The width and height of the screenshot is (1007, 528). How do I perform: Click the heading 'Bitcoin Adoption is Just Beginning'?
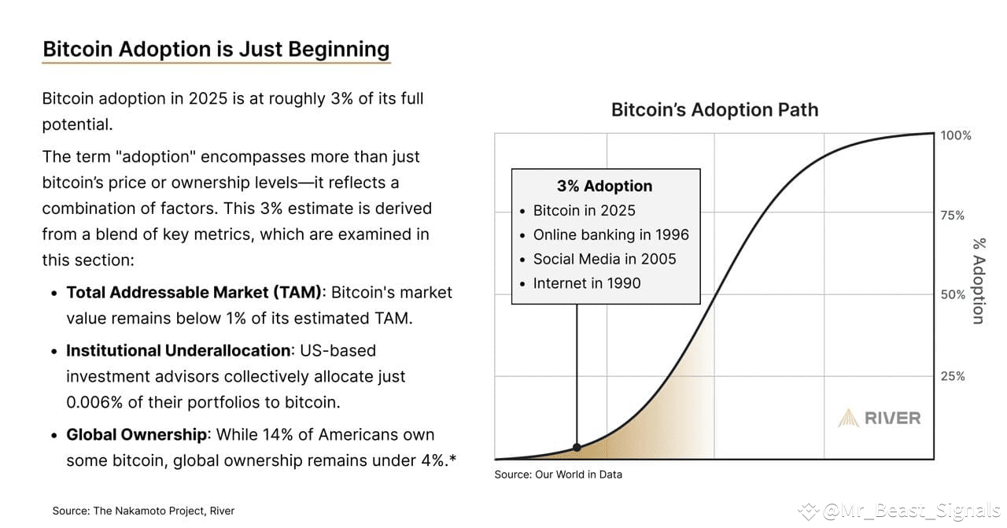[x=216, y=49]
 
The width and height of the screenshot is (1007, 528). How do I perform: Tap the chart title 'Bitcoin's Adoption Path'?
[x=714, y=110]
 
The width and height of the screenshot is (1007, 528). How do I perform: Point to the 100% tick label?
[x=956, y=135]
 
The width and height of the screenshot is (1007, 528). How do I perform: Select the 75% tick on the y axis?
[x=953, y=216]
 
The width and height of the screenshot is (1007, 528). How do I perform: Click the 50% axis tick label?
[x=953, y=295]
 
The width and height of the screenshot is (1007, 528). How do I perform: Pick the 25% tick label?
[x=953, y=376]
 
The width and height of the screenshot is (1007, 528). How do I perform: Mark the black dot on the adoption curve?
[x=577, y=447]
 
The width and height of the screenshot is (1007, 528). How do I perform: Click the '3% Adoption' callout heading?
[x=604, y=186]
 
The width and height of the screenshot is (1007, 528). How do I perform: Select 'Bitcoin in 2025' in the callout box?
[x=584, y=211]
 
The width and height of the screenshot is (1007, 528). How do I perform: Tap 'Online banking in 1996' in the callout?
[x=610, y=235]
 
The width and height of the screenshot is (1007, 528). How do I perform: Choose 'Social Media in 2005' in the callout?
[x=604, y=260]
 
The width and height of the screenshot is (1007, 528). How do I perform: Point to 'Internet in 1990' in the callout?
[x=586, y=283]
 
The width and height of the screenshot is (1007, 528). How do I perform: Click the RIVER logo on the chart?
[x=879, y=418]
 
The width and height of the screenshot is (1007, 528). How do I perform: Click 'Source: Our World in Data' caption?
[x=558, y=474]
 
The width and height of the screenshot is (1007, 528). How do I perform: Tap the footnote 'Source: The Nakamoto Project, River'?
[x=143, y=511]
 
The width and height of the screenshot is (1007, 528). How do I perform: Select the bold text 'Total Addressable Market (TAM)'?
[x=194, y=293]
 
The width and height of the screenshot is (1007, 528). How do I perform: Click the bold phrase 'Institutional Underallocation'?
[x=179, y=351]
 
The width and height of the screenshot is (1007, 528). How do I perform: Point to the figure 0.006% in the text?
[x=94, y=402]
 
